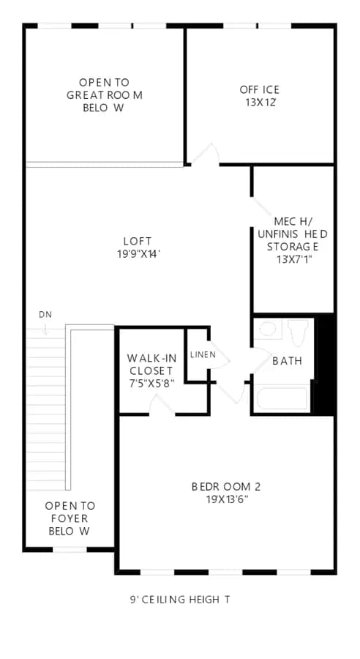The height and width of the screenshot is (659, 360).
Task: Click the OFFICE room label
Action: [260, 89]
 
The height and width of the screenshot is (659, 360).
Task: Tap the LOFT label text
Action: [138, 241]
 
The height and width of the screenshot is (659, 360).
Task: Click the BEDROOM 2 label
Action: [226, 487]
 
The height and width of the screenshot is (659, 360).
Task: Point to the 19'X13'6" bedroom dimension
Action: [226, 499]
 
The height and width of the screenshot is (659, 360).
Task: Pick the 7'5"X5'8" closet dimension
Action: [151, 383]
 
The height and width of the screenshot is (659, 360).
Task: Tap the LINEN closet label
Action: [203, 354]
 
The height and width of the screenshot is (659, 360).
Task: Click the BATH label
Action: [288, 360]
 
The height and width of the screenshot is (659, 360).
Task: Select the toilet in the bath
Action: [299, 331]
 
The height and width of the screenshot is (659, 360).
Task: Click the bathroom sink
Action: [268, 329]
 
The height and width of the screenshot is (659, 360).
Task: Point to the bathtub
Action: [282, 398]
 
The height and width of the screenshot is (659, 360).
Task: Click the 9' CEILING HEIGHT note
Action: [180, 599]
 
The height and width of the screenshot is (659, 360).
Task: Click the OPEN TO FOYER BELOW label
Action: [70, 518]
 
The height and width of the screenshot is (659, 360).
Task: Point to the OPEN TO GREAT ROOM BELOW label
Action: [104, 94]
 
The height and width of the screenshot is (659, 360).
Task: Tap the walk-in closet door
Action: [162, 405]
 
